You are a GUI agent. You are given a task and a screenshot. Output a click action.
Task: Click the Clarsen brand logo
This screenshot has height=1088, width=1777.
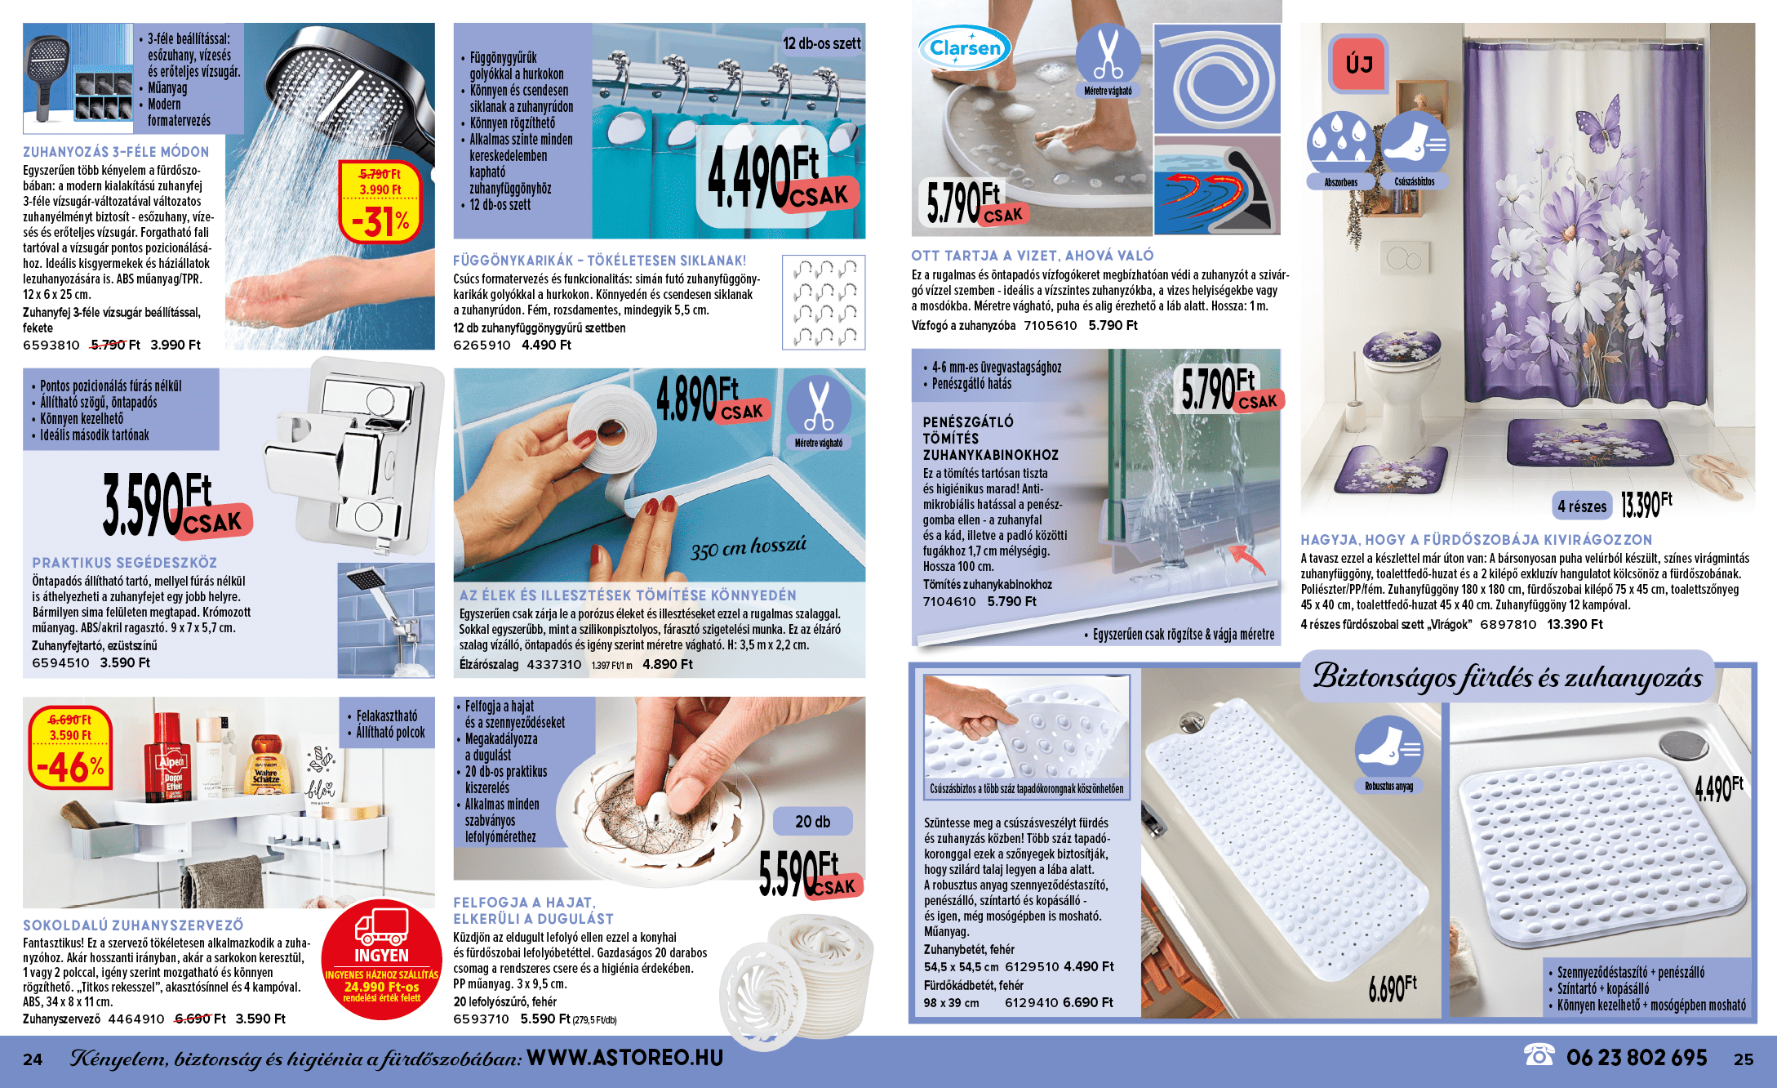965,48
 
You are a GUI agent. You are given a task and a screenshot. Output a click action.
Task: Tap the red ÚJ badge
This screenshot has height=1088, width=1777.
1359,64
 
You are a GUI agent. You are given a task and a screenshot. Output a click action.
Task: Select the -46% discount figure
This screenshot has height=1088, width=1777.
71,768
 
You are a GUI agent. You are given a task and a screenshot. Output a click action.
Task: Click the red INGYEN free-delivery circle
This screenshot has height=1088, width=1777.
381,959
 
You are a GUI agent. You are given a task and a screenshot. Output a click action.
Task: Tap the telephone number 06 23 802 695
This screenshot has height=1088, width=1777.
1636,1058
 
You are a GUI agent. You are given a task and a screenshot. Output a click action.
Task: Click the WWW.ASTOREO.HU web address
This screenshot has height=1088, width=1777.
625,1058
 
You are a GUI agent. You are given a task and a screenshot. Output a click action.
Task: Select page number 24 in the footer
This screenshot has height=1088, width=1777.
33,1059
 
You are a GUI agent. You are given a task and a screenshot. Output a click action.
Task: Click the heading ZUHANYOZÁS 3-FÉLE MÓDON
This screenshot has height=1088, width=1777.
116,152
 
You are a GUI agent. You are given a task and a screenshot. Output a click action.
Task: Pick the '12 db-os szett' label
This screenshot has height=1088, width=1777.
822,43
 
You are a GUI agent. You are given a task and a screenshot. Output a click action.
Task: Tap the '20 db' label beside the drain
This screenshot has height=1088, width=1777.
812,822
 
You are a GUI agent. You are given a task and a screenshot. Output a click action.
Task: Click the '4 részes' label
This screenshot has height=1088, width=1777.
1581,506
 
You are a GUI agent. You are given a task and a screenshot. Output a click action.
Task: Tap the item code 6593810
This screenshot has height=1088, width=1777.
51,345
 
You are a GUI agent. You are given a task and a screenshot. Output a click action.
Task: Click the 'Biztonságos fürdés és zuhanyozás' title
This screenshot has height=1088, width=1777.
1507,677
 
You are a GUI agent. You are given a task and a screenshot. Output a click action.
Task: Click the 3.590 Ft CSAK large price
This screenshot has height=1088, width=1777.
176,506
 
